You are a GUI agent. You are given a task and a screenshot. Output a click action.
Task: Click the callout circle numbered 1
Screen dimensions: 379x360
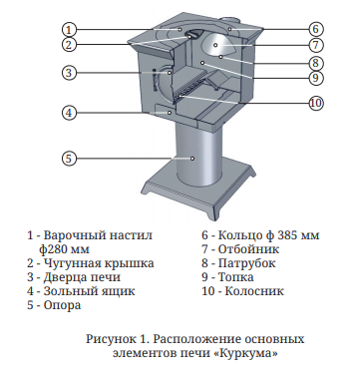(x=69, y=28)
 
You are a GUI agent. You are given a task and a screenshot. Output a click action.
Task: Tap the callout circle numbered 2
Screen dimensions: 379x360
(x=69, y=44)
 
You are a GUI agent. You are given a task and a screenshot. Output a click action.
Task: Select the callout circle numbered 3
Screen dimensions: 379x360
(x=69, y=73)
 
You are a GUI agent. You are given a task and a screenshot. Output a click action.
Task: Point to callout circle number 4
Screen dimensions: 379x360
(x=69, y=113)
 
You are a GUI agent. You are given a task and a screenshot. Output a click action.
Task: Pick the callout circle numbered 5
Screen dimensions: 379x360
(x=69, y=158)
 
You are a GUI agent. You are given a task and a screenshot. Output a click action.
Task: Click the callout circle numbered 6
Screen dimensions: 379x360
(x=313, y=29)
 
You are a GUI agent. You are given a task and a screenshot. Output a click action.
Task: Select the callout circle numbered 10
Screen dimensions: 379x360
(x=315, y=102)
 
